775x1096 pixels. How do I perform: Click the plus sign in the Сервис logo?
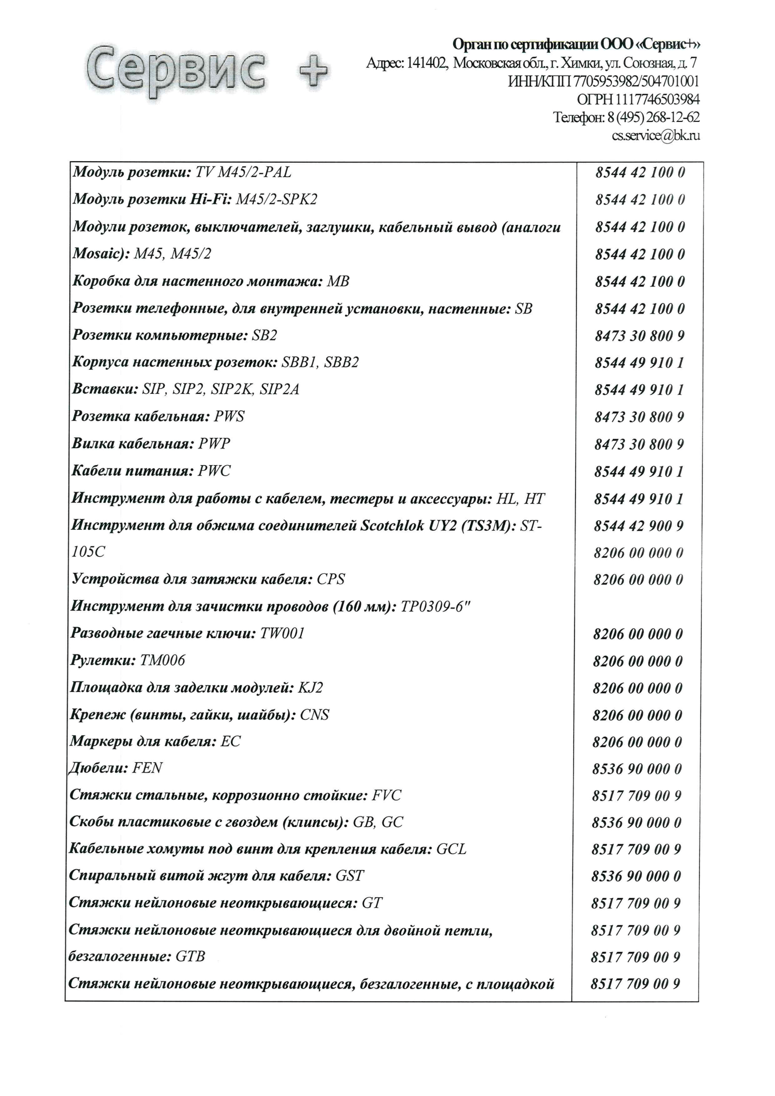pos(313,71)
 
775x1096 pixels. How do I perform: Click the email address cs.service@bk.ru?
pos(656,135)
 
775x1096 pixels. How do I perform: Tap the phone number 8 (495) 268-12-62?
pos(653,117)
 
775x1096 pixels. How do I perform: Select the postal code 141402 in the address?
pos(426,62)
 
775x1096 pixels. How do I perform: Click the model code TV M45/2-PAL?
pos(243,173)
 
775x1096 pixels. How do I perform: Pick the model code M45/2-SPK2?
pos(276,199)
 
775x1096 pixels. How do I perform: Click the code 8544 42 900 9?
pos(639,526)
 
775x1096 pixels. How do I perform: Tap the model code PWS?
pos(229,417)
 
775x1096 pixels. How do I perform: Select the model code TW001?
pos(282,633)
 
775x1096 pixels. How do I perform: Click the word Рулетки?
pos(102,661)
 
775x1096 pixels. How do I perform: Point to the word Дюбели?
pos(97,768)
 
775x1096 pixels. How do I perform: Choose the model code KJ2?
pos(311,688)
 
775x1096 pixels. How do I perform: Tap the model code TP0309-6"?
pos(435,607)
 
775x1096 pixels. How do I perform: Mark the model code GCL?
pos(451,849)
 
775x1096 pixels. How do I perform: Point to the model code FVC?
pos(387,795)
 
